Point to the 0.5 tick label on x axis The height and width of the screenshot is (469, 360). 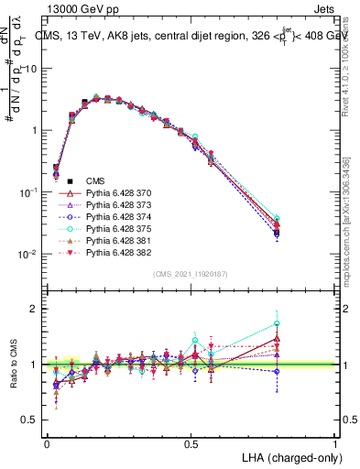point(191,442)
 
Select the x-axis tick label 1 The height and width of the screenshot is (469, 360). point(334,442)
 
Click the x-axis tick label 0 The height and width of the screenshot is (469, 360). point(47,442)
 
